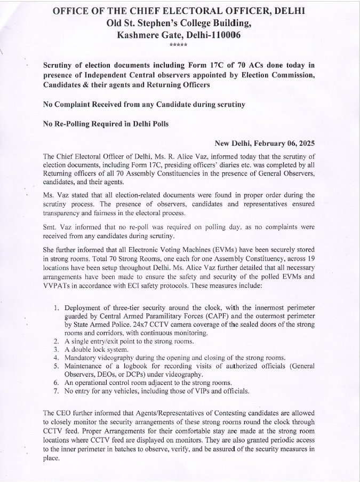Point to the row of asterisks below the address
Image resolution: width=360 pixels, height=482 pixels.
[178, 45]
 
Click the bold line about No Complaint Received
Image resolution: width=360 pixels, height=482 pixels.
[143, 105]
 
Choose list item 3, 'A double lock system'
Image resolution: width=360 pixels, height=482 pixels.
[98, 349]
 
